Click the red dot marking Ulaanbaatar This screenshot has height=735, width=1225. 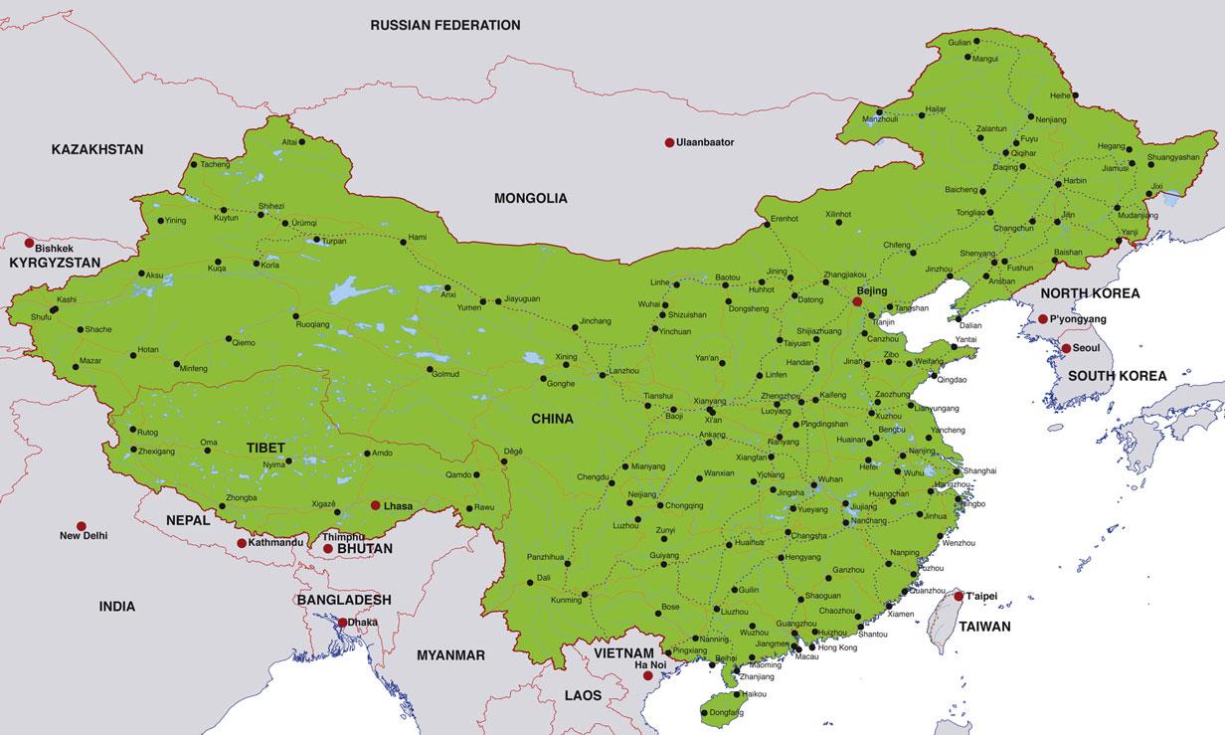(669, 143)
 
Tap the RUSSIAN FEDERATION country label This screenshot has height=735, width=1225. (444, 25)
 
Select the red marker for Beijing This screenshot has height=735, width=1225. (857, 300)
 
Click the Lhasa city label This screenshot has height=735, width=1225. (398, 506)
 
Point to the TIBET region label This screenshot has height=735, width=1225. (265, 448)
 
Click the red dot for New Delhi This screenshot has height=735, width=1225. (82, 526)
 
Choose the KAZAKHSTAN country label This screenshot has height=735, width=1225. (97, 149)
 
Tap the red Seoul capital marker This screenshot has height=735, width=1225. (1065, 349)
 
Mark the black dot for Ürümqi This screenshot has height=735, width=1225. (286, 223)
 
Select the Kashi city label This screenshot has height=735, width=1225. (67, 299)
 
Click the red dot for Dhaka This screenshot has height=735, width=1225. (343, 623)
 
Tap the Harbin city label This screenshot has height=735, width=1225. (1075, 181)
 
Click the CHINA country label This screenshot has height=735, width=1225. (552, 419)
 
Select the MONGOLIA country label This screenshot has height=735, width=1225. (530, 198)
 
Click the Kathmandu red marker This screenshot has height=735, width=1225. (242, 543)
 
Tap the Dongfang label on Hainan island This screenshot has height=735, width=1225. (726, 713)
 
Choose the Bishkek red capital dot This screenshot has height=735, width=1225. (30, 243)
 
